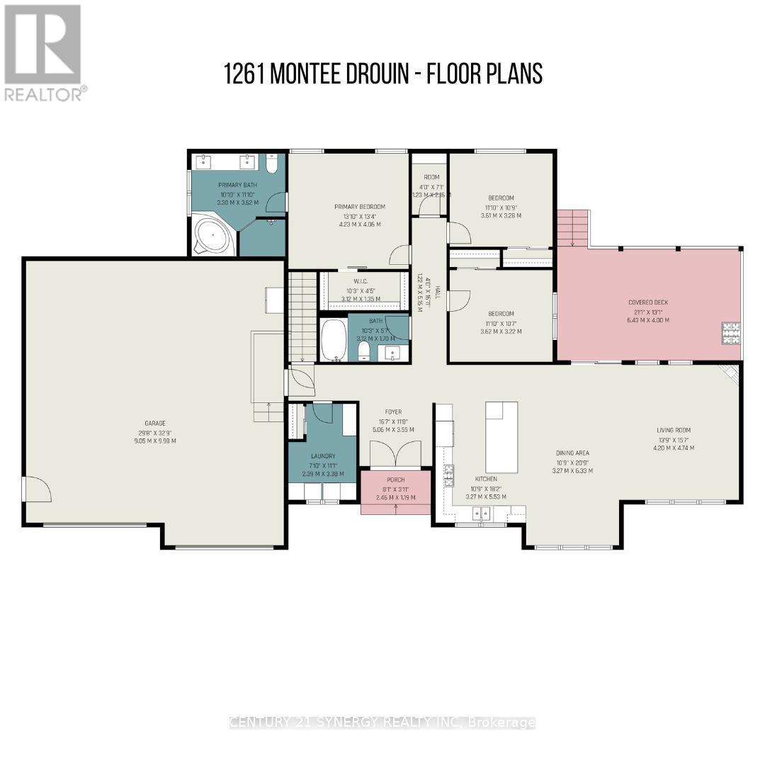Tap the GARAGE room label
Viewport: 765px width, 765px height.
[157, 423]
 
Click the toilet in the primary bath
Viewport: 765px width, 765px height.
[273, 164]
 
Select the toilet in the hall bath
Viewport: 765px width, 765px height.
[364, 351]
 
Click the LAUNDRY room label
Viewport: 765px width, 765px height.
[322, 456]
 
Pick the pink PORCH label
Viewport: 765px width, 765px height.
[395, 480]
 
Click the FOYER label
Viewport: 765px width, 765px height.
[393, 412]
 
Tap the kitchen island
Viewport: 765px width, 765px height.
[501, 437]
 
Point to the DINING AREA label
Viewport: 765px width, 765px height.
[572, 453]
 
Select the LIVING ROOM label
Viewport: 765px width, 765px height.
[673, 429]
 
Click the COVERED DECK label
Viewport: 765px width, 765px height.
[648, 302]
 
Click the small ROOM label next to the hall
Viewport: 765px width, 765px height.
[431, 177]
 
